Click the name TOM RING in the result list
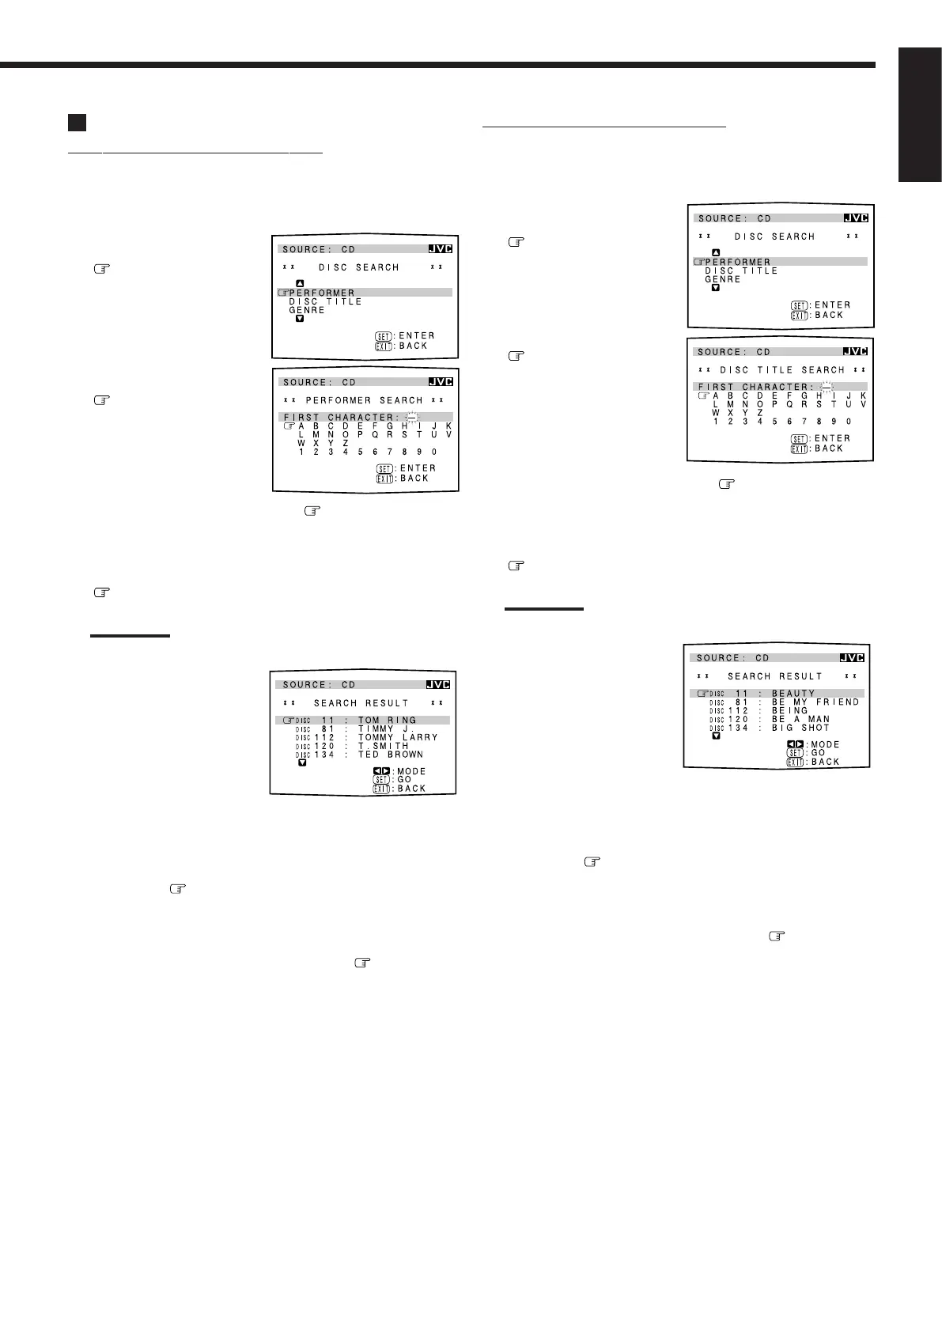387,720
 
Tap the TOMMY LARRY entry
398,737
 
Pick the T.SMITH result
384,746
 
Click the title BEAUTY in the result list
793,694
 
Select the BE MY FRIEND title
815,702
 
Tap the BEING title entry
790,710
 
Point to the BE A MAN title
800,719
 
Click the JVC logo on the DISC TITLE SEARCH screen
855,351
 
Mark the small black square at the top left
76,122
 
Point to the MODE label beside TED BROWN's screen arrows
411,771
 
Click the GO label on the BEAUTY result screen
818,753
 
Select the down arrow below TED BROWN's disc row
302,763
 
